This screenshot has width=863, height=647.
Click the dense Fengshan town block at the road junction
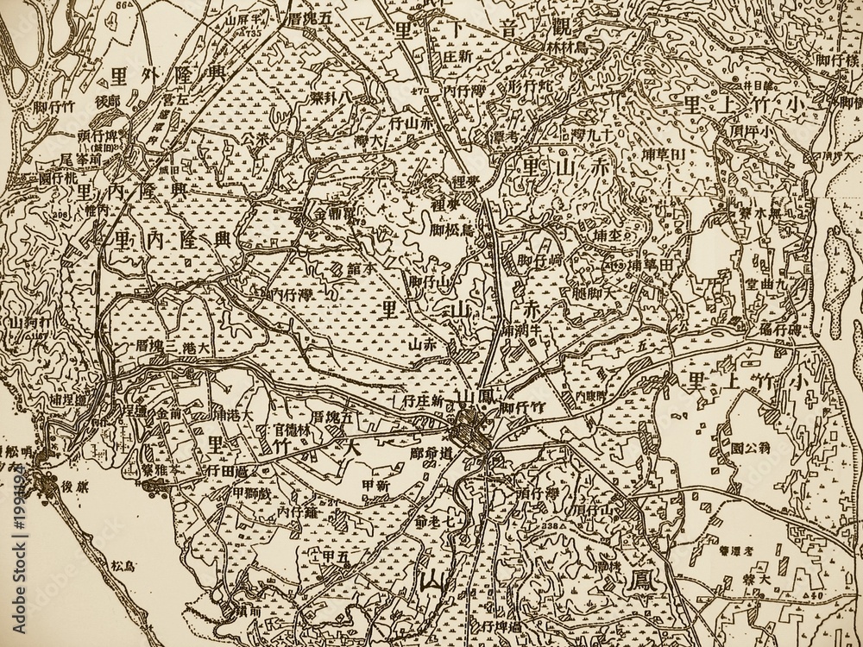(x=471, y=428)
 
